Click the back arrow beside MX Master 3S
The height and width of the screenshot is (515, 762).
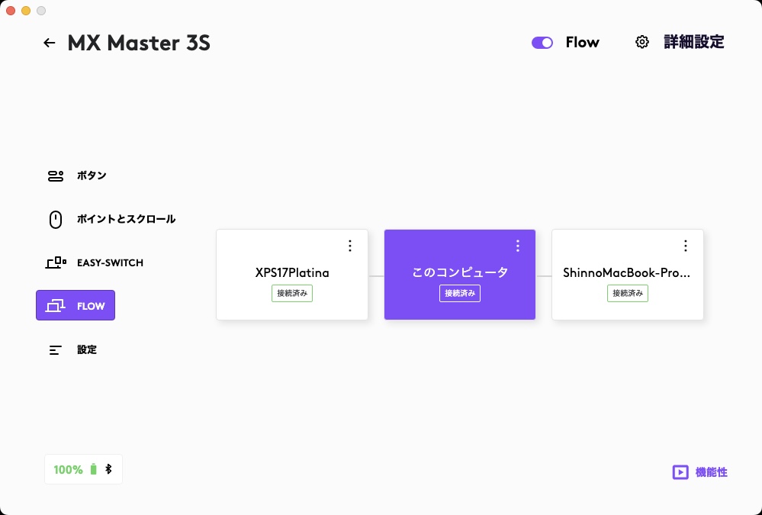[50, 43]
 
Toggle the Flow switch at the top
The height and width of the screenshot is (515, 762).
[542, 43]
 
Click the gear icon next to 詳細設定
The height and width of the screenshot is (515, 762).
[642, 43]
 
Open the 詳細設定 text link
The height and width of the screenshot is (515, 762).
[693, 43]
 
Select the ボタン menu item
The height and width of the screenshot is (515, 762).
[91, 175]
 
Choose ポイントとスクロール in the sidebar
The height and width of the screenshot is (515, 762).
[126, 219]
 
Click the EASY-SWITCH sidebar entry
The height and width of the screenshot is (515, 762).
[109, 262]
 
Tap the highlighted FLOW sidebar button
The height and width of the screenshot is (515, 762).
[76, 305]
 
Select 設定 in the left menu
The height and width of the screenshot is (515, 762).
[86, 349]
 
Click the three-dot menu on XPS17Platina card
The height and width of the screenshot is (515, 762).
[350, 246]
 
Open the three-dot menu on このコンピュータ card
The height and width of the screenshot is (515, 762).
[518, 246]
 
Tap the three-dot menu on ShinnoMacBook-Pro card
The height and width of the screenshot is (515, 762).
[686, 246]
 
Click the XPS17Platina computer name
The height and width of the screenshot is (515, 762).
[292, 272]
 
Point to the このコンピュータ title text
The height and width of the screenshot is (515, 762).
[460, 272]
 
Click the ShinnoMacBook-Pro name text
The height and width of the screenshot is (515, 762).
[627, 272]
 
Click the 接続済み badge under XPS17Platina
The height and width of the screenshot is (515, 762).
[292, 293]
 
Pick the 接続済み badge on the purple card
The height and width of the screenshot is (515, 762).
[460, 293]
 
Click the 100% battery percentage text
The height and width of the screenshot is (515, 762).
[68, 469]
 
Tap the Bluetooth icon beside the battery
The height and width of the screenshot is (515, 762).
[108, 469]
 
